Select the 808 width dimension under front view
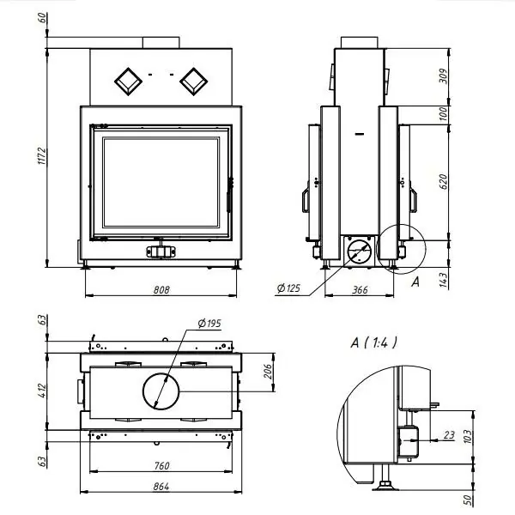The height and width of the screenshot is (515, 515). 161,290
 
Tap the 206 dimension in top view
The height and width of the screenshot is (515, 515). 267,371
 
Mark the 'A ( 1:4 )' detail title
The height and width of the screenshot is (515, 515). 374,342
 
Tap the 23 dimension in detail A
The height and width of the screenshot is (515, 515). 449,435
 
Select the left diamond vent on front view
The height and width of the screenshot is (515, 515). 128,81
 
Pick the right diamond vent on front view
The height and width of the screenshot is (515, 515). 191,81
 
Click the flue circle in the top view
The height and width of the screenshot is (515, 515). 160,391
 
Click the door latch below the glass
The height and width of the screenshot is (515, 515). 161,251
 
